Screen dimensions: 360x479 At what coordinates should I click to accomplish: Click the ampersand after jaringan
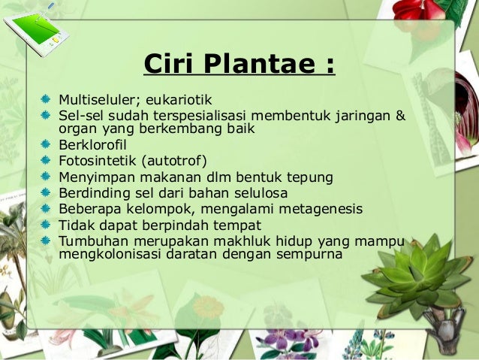(x=401, y=116)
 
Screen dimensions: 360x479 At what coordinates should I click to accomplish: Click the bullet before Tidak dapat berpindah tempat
(x=46, y=225)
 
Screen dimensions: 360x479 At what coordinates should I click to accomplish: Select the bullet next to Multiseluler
(x=46, y=99)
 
